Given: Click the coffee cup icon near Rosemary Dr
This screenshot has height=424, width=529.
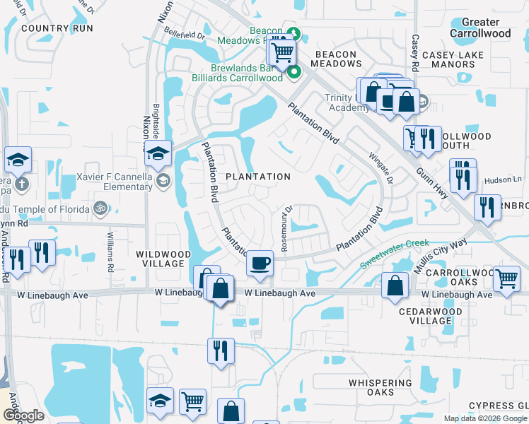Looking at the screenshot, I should pos(260,263).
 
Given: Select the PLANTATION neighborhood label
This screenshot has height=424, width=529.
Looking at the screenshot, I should pos(258,177).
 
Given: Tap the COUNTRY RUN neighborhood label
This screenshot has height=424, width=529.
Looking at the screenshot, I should pos(57,28).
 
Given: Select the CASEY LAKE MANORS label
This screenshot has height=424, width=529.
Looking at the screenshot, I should pos(453,59).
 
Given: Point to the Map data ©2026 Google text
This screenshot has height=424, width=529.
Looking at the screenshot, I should pos(484,418).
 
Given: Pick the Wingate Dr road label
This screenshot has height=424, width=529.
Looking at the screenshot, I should pos(380,167).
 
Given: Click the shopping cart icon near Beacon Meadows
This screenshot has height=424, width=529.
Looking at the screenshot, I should pos(282,52).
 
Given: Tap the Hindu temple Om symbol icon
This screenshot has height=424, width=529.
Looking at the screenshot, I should pos(100,208).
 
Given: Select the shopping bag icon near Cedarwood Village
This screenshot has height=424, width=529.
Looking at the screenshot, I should pos(395,285).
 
